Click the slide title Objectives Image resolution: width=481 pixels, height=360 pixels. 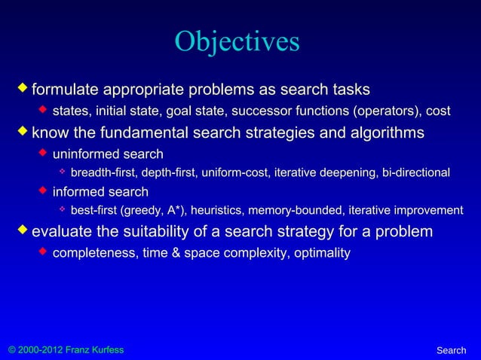point(237,43)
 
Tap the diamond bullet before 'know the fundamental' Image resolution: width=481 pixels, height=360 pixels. point(23,133)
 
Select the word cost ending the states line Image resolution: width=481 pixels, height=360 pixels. point(439,112)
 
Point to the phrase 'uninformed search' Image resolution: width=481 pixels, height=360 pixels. point(108,154)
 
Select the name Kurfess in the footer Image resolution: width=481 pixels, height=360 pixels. point(105,351)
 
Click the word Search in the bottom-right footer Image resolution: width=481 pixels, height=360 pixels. point(452,351)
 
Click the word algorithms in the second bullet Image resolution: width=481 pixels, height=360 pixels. point(383,134)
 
